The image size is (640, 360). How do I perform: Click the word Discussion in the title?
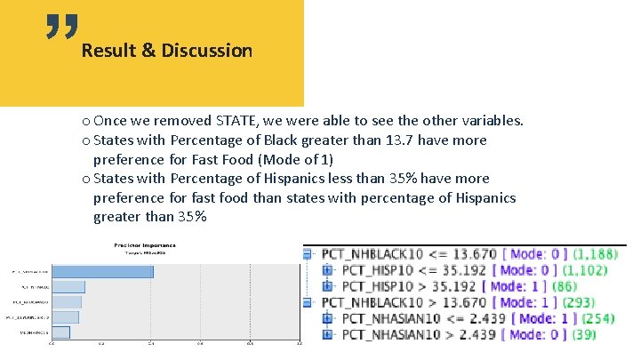tap(206, 51)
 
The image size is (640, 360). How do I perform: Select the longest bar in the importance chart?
tap(102, 271)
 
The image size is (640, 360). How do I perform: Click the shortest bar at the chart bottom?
tap(60, 332)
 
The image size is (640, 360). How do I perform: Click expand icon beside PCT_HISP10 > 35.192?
tap(327, 286)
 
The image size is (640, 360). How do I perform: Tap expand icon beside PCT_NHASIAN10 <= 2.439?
tap(327, 318)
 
